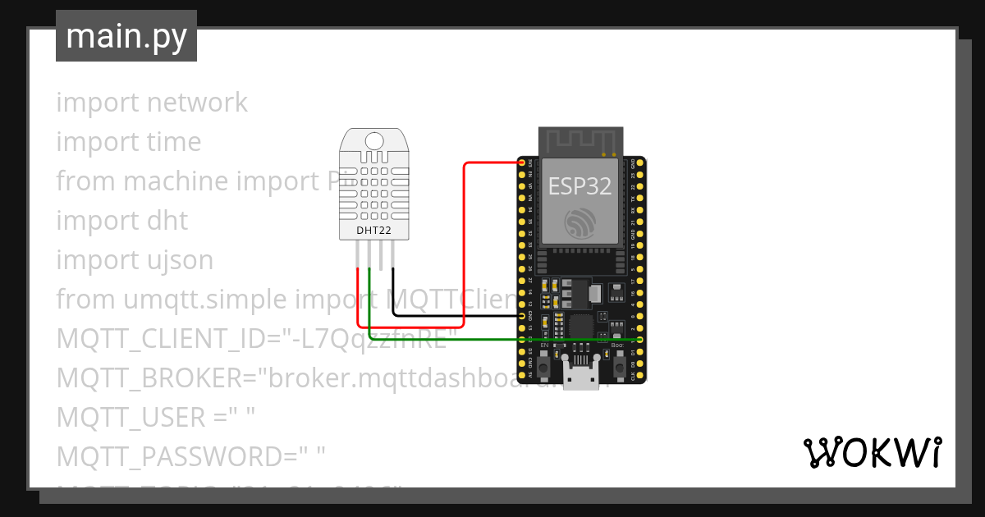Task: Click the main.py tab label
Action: pos(126,36)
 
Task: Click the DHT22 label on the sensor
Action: pos(373,231)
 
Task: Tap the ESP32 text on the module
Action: pos(580,185)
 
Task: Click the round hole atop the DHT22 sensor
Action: pos(373,140)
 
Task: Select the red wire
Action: pos(465,246)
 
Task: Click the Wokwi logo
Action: pos(871,452)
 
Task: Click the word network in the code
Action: pos(197,103)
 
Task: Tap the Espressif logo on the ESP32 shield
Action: pos(580,224)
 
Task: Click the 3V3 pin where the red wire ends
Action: pos(522,162)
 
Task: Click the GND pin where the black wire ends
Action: pos(522,315)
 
